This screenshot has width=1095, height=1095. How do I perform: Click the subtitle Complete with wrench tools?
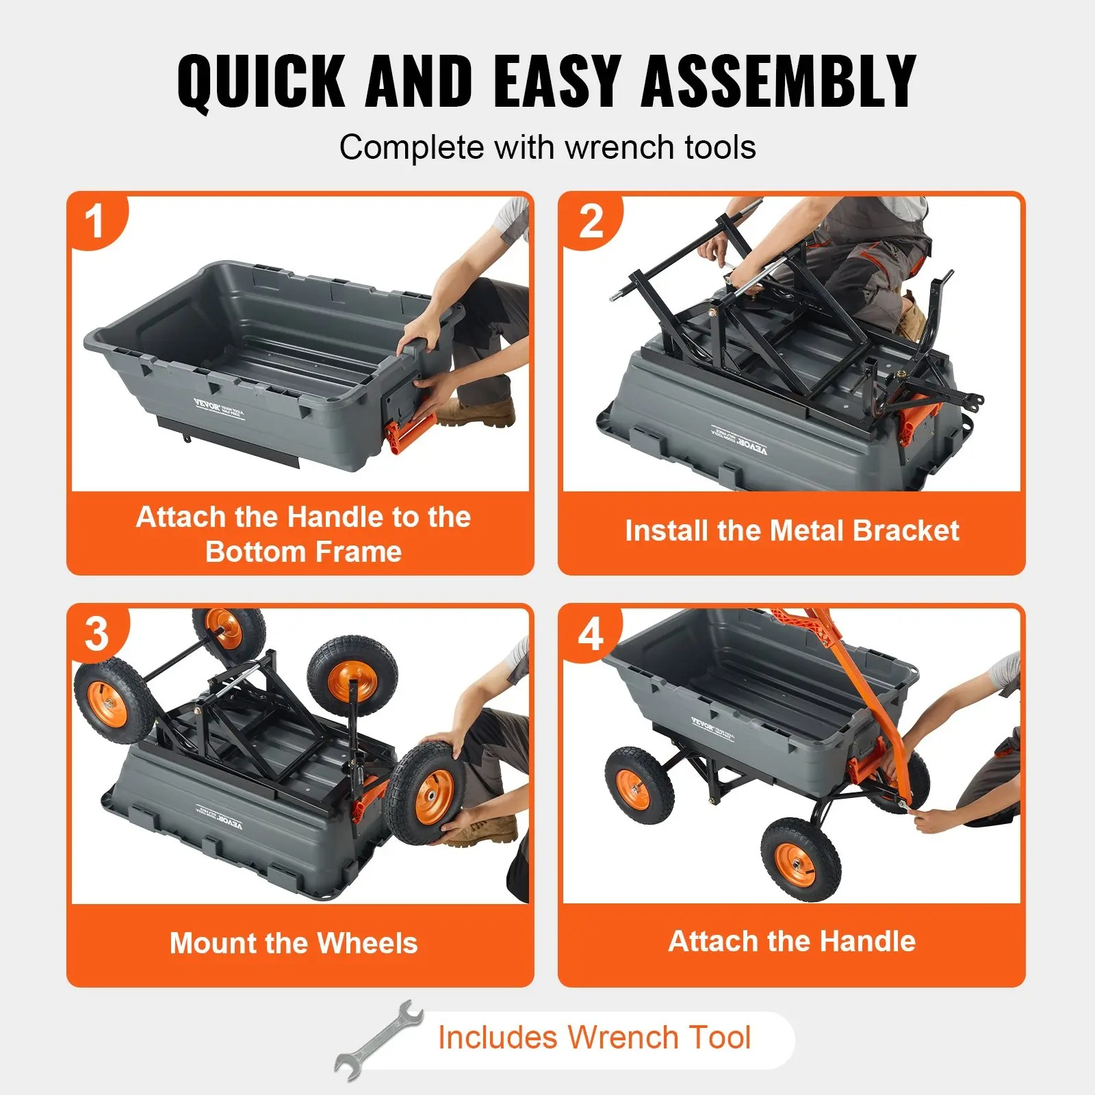[547, 147]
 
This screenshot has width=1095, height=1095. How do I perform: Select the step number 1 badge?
[94, 222]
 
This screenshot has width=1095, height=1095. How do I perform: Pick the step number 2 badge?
[591, 222]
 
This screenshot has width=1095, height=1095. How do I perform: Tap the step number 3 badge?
[96, 634]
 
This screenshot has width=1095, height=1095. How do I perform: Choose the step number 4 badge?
[591, 634]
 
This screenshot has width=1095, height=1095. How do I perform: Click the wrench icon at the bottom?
[378, 1040]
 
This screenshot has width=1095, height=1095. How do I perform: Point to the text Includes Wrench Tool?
[594, 1037]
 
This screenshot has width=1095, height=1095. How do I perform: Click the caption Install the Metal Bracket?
[792, 531]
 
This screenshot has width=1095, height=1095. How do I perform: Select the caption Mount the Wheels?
[294, 943]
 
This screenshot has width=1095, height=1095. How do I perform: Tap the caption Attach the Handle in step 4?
[792, 941]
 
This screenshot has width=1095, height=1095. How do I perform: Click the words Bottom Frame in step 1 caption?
[303, 552]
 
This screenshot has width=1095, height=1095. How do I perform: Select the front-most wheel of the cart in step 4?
[799, 858]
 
